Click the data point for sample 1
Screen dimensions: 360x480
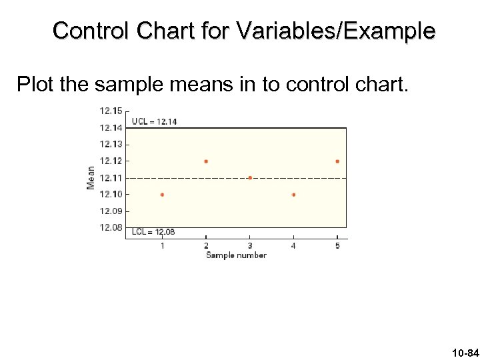(162, 195)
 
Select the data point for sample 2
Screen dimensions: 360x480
(206, 161)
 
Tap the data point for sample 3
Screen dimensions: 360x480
(249, 178)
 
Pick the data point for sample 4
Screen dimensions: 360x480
(293, 195)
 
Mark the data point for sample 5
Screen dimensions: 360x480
(337, 161)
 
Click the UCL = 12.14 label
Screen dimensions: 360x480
(154, 121)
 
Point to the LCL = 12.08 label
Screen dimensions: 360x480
(153, 232)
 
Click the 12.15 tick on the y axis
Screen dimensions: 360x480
(111, 111)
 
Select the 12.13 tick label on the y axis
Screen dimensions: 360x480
(111, 144)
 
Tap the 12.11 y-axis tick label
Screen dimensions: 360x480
(111, 178)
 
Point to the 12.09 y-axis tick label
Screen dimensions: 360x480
(111, 211)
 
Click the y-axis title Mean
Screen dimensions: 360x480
(91, 178)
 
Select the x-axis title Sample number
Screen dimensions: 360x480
(236, 255)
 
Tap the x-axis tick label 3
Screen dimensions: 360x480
(249, 246)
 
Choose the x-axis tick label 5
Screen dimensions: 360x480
(337, 246)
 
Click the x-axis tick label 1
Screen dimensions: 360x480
(162, 246)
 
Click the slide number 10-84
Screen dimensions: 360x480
(464, 352)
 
